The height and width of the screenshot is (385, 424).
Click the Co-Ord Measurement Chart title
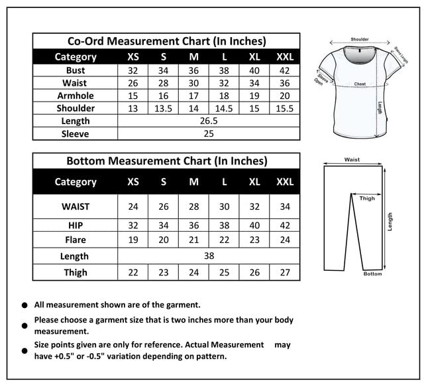pyautogui.click(x=166, y=41)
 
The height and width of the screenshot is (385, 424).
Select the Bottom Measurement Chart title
pyautogui.click(x=166, y=161)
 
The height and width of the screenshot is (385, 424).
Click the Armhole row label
pyautogui.click(x=76, y=96)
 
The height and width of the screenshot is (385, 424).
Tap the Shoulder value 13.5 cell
pyautogui.click(x=163, y=108)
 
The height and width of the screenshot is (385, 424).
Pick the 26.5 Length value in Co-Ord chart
pyautogui.click(x=209, y=121)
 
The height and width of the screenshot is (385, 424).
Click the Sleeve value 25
pyautogui.click(x=209, y=133)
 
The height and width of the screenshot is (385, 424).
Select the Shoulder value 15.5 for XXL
pyautogui.click(x=284, y=108)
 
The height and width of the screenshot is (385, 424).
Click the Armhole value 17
pyautogui.click(x=193, y=96)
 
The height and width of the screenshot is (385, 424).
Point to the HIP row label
pyautogui.click(x=76, y=225)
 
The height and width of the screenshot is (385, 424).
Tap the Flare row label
pyautogui.click(x=76, y=239)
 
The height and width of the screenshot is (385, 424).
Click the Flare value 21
pyautogui.click(x=193, y=239)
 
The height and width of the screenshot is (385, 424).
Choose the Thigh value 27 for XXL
pyautogui.click(x=284, y=272)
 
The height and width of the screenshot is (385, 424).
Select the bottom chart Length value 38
pyautogui.click(x=209, y=256)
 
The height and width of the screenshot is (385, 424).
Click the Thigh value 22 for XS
pyautogui.click(x=133, y=272)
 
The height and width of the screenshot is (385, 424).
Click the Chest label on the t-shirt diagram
pyautogui.click(x=360, y=84)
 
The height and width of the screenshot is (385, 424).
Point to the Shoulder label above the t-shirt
pyautogui.click(x=360, y=40)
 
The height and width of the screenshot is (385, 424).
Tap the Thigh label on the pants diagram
pyautogui.click(x=367, y=198)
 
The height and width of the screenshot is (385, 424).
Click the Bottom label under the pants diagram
pyautogui.click(x=372, y=273)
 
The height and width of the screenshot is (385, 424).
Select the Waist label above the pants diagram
pyautogui.click(x=352, y=159)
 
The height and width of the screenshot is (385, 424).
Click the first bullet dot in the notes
pyautogui.click(x=25, y=305)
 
